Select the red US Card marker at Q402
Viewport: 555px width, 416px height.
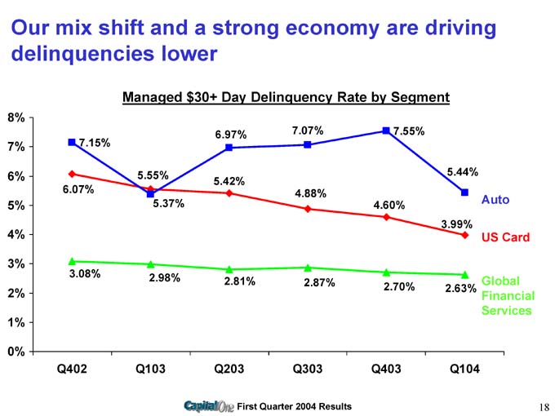73,174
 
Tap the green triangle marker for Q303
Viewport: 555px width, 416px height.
308,267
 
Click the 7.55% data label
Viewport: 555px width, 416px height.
409,131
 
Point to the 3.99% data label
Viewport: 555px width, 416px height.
456,223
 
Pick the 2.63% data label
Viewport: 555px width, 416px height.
460,288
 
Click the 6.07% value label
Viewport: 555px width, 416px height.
78,190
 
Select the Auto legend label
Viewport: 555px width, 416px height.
495,199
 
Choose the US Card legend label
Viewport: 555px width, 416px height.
505,237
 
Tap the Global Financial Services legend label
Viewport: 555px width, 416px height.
508,295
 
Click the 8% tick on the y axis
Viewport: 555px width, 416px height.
16,117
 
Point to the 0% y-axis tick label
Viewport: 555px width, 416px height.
16,352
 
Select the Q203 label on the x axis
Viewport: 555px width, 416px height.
229,369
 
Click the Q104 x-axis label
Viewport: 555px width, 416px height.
464,369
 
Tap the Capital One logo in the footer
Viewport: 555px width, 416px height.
209,406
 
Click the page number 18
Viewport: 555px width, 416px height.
544,406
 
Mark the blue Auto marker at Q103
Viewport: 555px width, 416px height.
151,193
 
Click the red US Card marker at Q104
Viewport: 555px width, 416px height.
464,235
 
